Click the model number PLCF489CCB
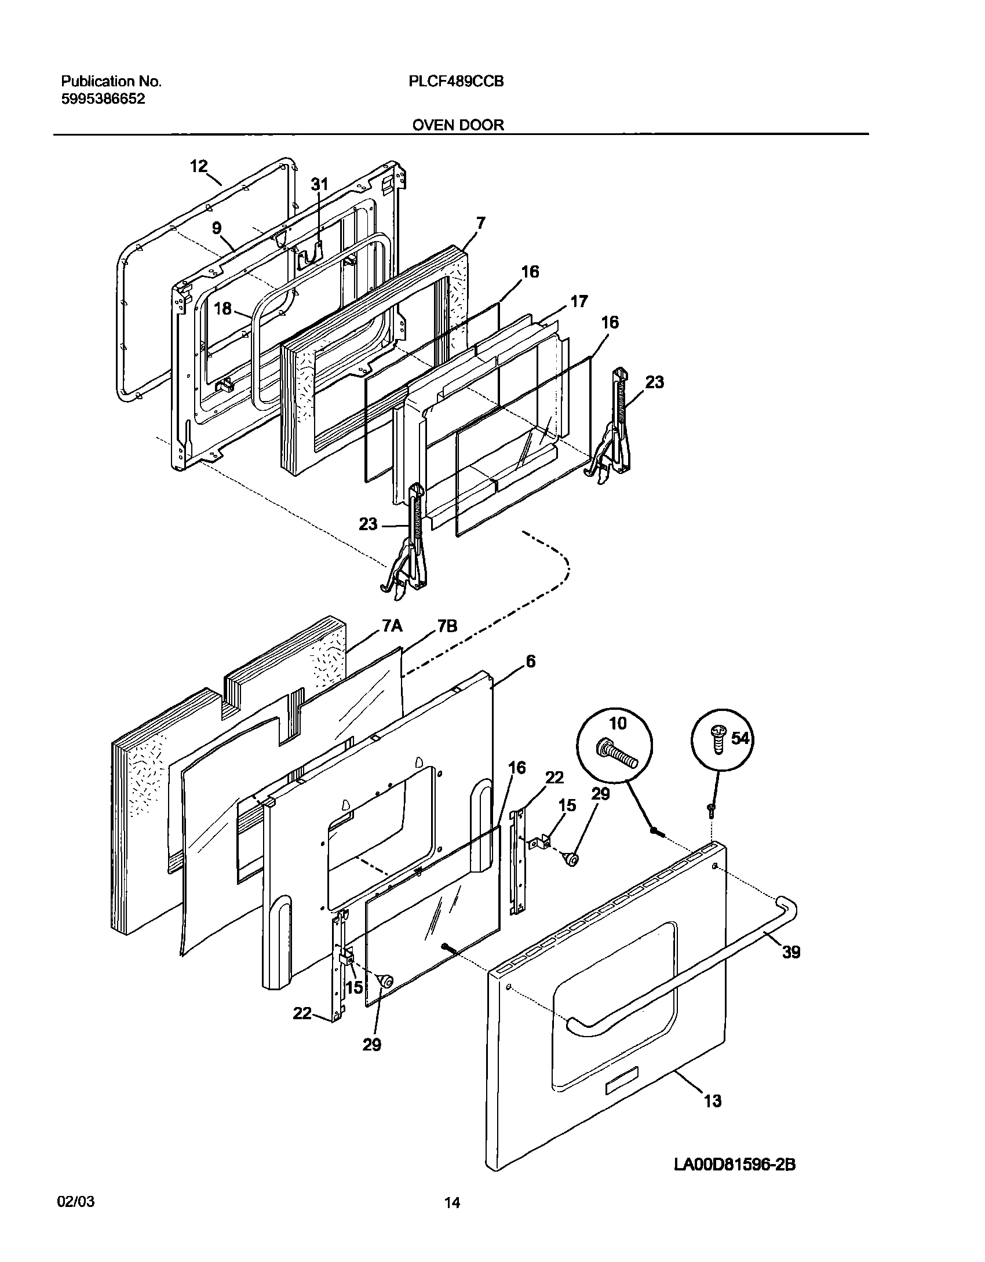456,82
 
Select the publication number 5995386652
103,99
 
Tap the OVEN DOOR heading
458,125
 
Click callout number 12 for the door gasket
198,166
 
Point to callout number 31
319,184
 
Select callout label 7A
392,626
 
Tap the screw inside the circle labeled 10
617,755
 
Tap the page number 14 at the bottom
452,1220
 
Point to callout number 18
222,308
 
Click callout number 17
579,301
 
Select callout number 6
530,661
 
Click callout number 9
216,228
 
